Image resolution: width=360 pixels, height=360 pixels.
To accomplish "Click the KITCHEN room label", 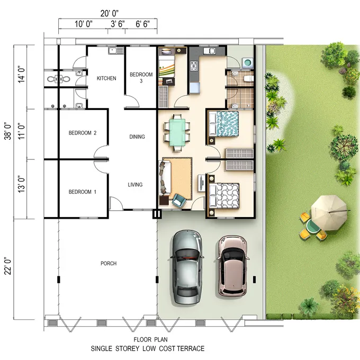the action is click(106, 78).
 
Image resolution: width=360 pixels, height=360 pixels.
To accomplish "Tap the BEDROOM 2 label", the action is click(83, 133).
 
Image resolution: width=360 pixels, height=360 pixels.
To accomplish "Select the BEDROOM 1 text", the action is click(83, 192).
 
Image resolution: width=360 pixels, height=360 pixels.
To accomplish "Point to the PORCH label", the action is click(109, 263).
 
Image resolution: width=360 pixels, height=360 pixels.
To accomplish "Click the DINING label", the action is click(137, 137).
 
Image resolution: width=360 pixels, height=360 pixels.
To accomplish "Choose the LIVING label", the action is click(135, 185).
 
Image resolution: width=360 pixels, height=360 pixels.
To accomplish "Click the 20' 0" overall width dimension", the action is click(110, 14).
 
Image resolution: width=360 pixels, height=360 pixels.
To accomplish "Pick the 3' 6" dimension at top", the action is click(118, 24).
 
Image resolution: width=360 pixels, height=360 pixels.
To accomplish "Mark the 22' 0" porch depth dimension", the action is click(8, 266).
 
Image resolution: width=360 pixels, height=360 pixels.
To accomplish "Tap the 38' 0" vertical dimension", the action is click(8, 131).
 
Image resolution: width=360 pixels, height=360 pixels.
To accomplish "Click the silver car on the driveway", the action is click(187, 267).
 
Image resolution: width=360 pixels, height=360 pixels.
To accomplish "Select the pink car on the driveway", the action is click(232, 265).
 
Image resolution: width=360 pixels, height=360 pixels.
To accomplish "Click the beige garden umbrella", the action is click(329, 213).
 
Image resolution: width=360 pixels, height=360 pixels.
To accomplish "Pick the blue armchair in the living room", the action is click(179, 200).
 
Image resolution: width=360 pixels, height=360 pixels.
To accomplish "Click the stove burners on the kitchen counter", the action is click(194, 66).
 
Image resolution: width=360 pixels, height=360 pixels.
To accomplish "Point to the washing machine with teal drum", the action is click(248, 62).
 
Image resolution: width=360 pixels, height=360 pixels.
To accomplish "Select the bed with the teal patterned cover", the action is click(223, 124).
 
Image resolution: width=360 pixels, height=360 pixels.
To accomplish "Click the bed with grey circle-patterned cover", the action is click(224, 196).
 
